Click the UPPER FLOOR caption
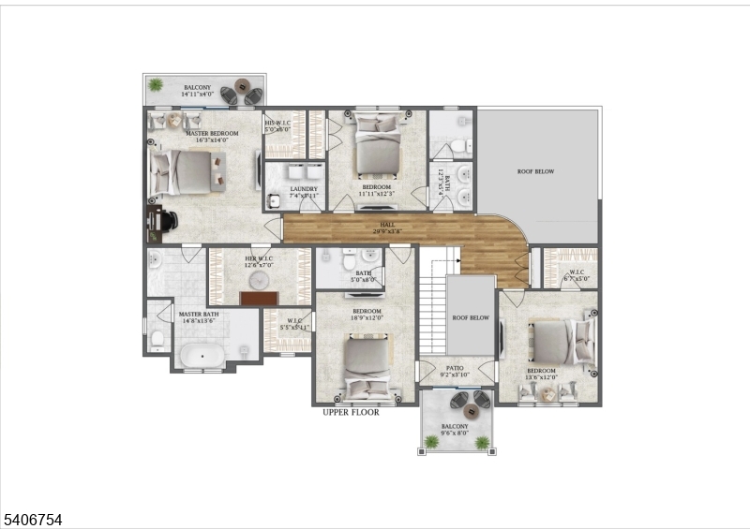(x=352, y=412)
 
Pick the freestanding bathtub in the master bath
(x=200, y=356)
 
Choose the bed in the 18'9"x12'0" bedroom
(x=364, y=365)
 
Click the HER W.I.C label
(x=258, y=261)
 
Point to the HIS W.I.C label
(x=277, y=125)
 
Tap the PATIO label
(x=454, y=372)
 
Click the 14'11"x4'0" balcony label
(x=197, y=91)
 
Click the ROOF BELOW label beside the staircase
(x=471, y=317)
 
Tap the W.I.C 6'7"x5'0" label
(x=575, y=276)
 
